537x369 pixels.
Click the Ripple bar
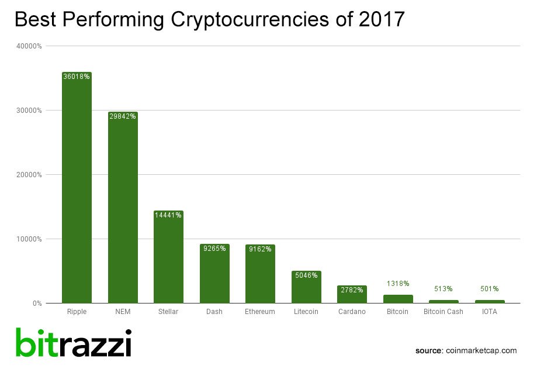[77, 187]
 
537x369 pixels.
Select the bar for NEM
[123, 208]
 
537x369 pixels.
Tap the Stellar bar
[168, 257]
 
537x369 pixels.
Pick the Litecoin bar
[306, 287]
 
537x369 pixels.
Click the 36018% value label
[77, 76]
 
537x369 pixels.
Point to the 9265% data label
[214, 249]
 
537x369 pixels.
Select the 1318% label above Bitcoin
[398, 284]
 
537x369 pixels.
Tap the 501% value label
[490, 288]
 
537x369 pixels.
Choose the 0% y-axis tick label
[37, 303]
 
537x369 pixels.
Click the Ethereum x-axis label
[260, 312]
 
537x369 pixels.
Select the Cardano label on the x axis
[352, 312]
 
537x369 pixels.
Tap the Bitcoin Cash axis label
[444, 312]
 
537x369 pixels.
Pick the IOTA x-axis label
[490, 312]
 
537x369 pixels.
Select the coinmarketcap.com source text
[481, 350]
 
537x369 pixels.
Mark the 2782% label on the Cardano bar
[352, 290]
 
